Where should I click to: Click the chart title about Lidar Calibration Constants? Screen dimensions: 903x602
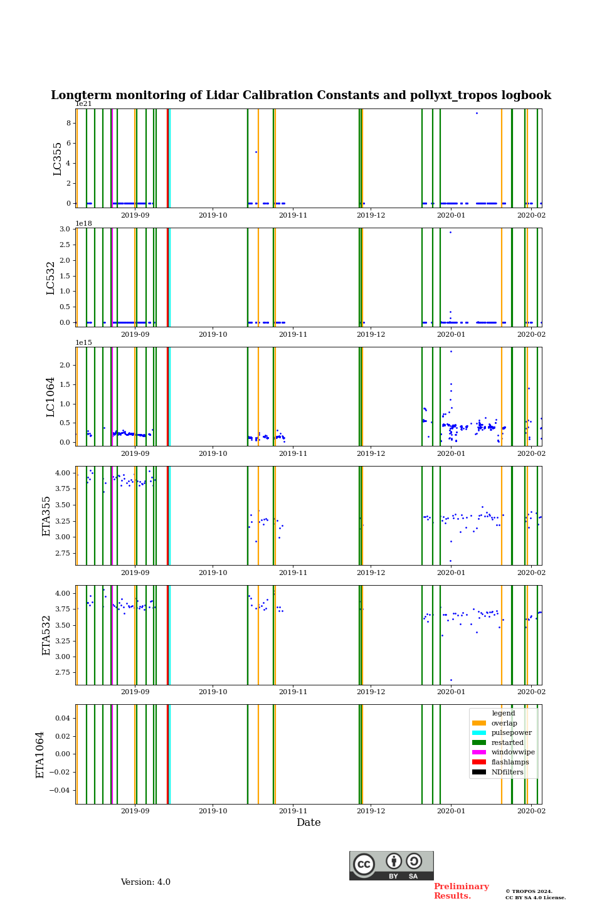301,95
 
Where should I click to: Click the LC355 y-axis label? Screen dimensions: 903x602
58,159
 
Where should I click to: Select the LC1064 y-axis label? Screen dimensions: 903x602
51,397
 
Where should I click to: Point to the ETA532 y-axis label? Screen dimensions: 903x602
46,635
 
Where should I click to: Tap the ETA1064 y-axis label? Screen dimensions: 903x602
40,754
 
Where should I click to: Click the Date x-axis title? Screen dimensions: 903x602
309,823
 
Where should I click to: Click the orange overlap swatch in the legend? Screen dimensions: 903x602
479,723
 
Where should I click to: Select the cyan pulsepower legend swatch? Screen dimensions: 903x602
479,733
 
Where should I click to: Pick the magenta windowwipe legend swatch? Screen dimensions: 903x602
479,752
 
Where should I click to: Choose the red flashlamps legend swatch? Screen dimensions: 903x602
479,763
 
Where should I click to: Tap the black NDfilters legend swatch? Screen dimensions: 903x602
479,772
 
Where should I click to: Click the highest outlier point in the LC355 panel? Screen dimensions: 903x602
477,114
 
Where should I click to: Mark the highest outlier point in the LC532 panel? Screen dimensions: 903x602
450,233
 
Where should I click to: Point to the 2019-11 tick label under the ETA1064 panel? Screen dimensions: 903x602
293,811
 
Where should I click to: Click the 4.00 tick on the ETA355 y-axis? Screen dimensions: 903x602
62,473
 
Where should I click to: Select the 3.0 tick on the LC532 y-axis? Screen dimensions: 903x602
65,229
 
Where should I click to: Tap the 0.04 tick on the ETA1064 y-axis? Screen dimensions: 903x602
61,718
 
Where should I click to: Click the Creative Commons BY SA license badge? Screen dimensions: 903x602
391,865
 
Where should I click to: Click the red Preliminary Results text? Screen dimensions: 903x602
461,891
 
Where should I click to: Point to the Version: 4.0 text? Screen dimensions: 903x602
145,882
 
